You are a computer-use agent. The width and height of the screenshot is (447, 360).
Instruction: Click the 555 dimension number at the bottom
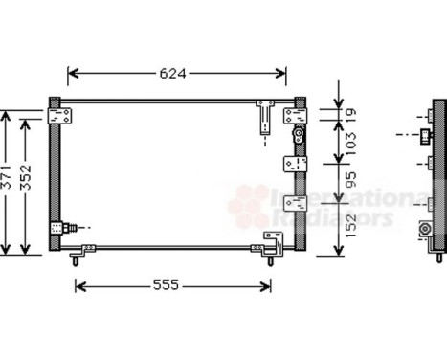pyautogui.click(x=171, y=285)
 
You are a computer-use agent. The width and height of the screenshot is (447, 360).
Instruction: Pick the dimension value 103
pyautogui.click(x=350, y=145)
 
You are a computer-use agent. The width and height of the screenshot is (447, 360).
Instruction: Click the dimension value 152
pyautogui.click(x=350, y=226)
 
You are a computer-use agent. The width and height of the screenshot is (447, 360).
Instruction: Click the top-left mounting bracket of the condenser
pyautogui.click(x=61, y=115)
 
